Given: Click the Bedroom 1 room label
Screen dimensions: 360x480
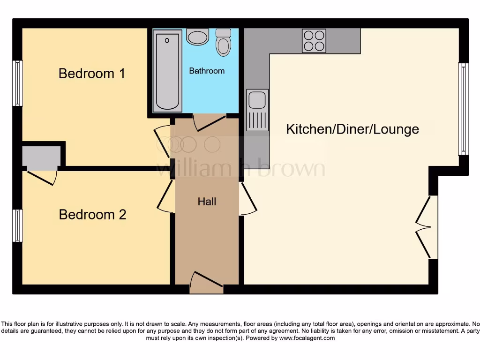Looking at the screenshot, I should pyautogui.click(x=92, y=74).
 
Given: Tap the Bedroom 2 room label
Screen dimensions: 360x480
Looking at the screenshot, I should pyautogui.click(x=92, y=215).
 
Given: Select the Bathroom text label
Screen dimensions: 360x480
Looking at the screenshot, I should pyautogui.click(x=207, y=71).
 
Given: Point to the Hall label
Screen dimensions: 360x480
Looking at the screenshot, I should pyautogui.click(x=207, y=202).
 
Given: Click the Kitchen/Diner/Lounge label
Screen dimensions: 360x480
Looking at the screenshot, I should pyautogui.click(x=352, y=129).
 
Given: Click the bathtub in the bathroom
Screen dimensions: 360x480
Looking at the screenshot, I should pyautogui.click(x=167, y=71).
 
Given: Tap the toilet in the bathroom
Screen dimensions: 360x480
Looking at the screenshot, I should pyautogui.click(x=224, y=43).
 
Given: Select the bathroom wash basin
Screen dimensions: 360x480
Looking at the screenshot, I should pyautogui.click(x=197, y=37).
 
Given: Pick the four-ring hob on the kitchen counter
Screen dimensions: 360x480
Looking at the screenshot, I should pyautogui.click(x=314, y=41).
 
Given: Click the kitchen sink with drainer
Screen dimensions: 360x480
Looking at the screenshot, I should pyautogui.click(x=257, y=110).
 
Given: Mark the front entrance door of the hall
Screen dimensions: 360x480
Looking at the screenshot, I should pyautogui.click(x=207, y=283).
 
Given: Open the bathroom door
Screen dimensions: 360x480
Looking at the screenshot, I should pyautogui.click(x=210, y=122).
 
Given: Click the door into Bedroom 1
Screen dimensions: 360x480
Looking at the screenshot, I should pyautogui.click(x=162, y=141).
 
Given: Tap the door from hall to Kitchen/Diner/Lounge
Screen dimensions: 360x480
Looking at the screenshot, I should pyautogui.click(x=248, y=199).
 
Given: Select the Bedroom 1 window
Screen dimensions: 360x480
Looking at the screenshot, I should pyautogui.click(x=18, y=83).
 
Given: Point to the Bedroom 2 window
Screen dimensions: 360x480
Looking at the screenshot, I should pyautogui.click(x=18, y=225).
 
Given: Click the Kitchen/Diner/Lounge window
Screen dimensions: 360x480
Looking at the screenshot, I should pyautogui.click(x=463, y=109).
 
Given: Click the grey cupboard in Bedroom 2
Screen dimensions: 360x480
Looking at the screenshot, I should pyautogui.click(x=41, y=158).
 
